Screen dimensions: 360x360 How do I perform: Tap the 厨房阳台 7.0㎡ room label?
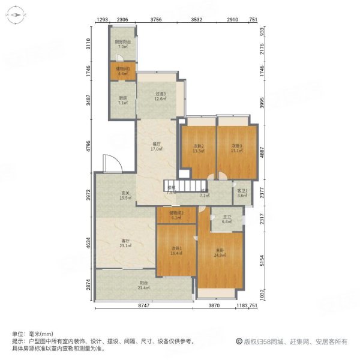pyautogui.click(x=122, y=44)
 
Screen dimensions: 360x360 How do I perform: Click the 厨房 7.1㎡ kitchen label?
pyautogui.click(x=122, y=101)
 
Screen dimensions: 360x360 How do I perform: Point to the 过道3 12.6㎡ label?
pyautogui.click(x=159, y=97)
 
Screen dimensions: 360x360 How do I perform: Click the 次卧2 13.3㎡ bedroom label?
pyautogui.click(x=199, y=148)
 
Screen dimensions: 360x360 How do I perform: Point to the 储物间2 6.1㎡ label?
pyautogui.click(x=176, y=215)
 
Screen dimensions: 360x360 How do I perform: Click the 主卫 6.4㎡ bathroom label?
pyautogui.click(x=227, y=220)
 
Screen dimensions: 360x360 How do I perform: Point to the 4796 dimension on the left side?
pyautogui.click(x=88, y=145)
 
